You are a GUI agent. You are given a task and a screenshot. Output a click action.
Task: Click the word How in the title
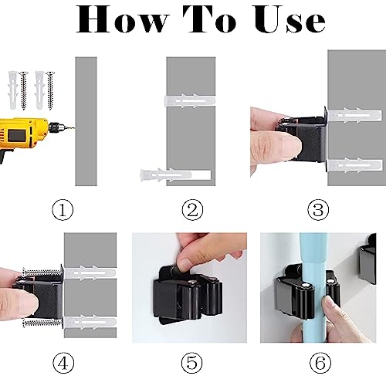click(122, 19)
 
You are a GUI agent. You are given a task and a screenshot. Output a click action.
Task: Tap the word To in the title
click(210, 19)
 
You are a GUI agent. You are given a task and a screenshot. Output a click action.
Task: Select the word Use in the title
click(290, 19)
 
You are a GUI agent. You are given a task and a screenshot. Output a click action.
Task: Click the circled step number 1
click(63, 210)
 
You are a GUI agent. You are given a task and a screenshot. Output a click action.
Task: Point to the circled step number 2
click(192, 210)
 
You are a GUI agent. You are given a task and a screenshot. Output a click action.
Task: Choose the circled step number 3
click(318, 210)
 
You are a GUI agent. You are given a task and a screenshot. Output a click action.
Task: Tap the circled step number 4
click(63, 363)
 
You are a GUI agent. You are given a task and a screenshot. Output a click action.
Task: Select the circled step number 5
click(192, 363)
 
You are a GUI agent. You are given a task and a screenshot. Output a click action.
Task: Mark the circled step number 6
click(320, 363)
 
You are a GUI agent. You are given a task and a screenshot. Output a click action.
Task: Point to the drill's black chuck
click(56, 127)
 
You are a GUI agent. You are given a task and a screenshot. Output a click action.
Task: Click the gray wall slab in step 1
click(86, 121)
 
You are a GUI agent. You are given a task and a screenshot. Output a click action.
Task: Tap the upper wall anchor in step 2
click(190, 101)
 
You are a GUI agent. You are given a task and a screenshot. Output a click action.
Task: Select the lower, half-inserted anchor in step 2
click(175, 175)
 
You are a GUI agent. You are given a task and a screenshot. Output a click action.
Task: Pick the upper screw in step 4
click(42, 272)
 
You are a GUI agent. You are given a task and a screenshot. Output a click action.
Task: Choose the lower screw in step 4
click(42, 322)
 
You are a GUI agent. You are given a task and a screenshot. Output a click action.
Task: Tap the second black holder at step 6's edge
click(367, 260)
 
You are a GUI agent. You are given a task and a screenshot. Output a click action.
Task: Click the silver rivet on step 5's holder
click(191, 283)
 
